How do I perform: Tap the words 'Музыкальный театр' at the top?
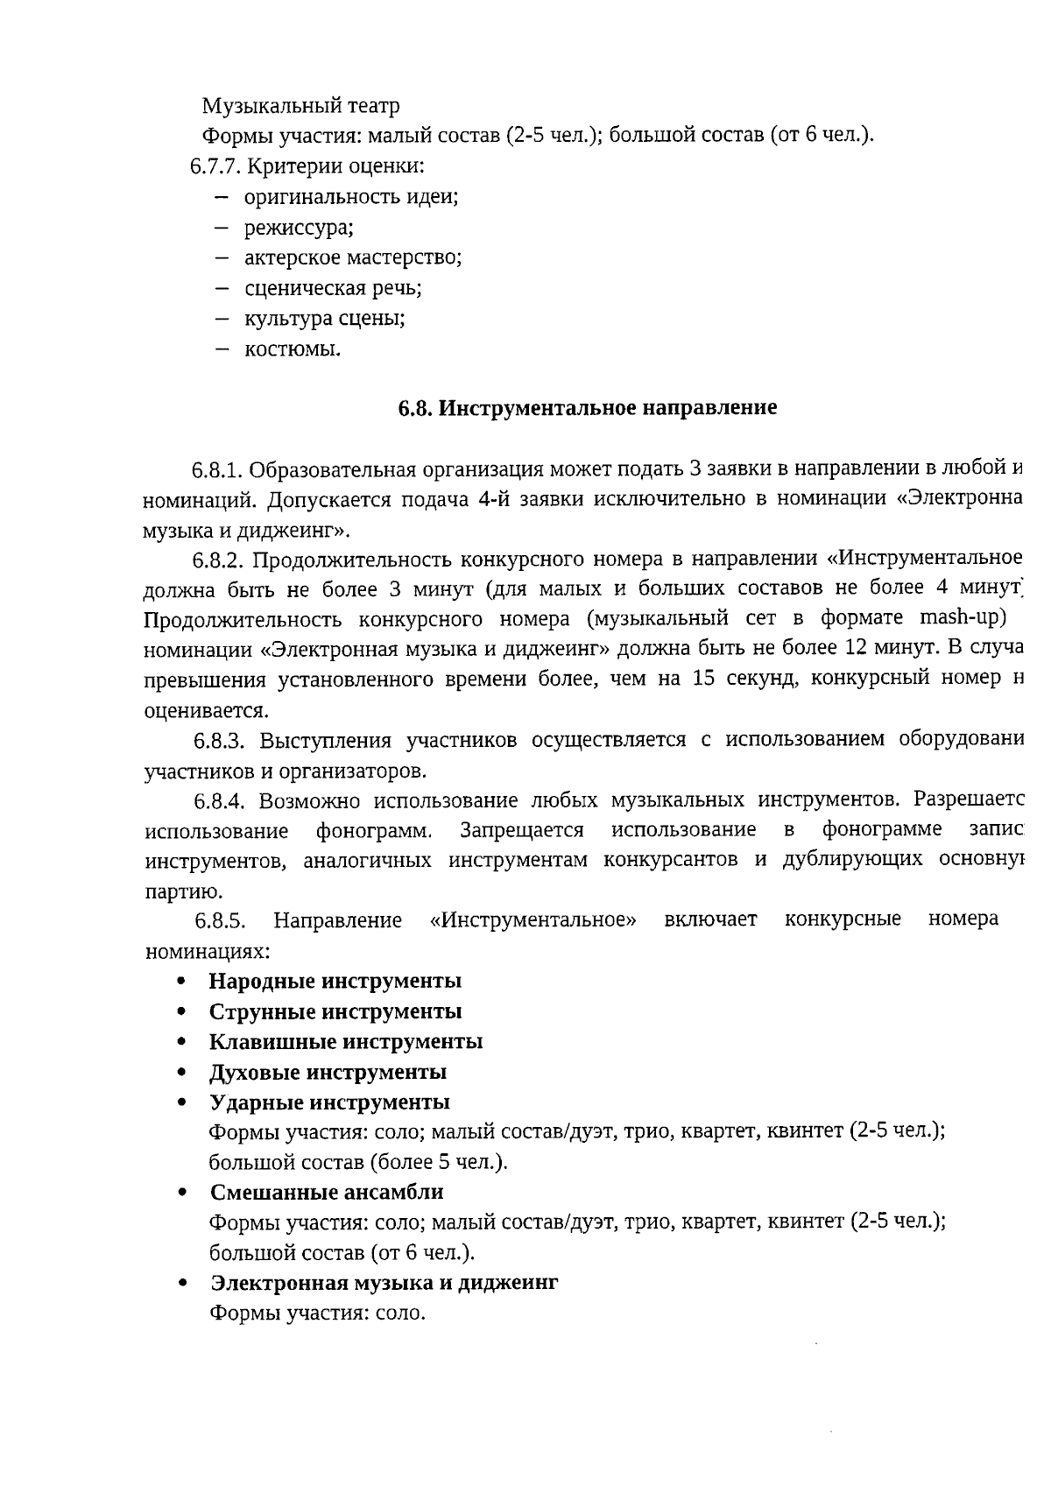(300, 106)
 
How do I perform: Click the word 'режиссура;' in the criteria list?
(298, 228)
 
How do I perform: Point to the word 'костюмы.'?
(293, 349)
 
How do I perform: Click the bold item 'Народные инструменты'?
(335, 981)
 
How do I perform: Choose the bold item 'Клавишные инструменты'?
(345, 1041)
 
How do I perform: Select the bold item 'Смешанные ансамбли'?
(327, 1192)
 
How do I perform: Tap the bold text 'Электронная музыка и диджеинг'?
(384, 1282)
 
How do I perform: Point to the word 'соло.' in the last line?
(400, 1313)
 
